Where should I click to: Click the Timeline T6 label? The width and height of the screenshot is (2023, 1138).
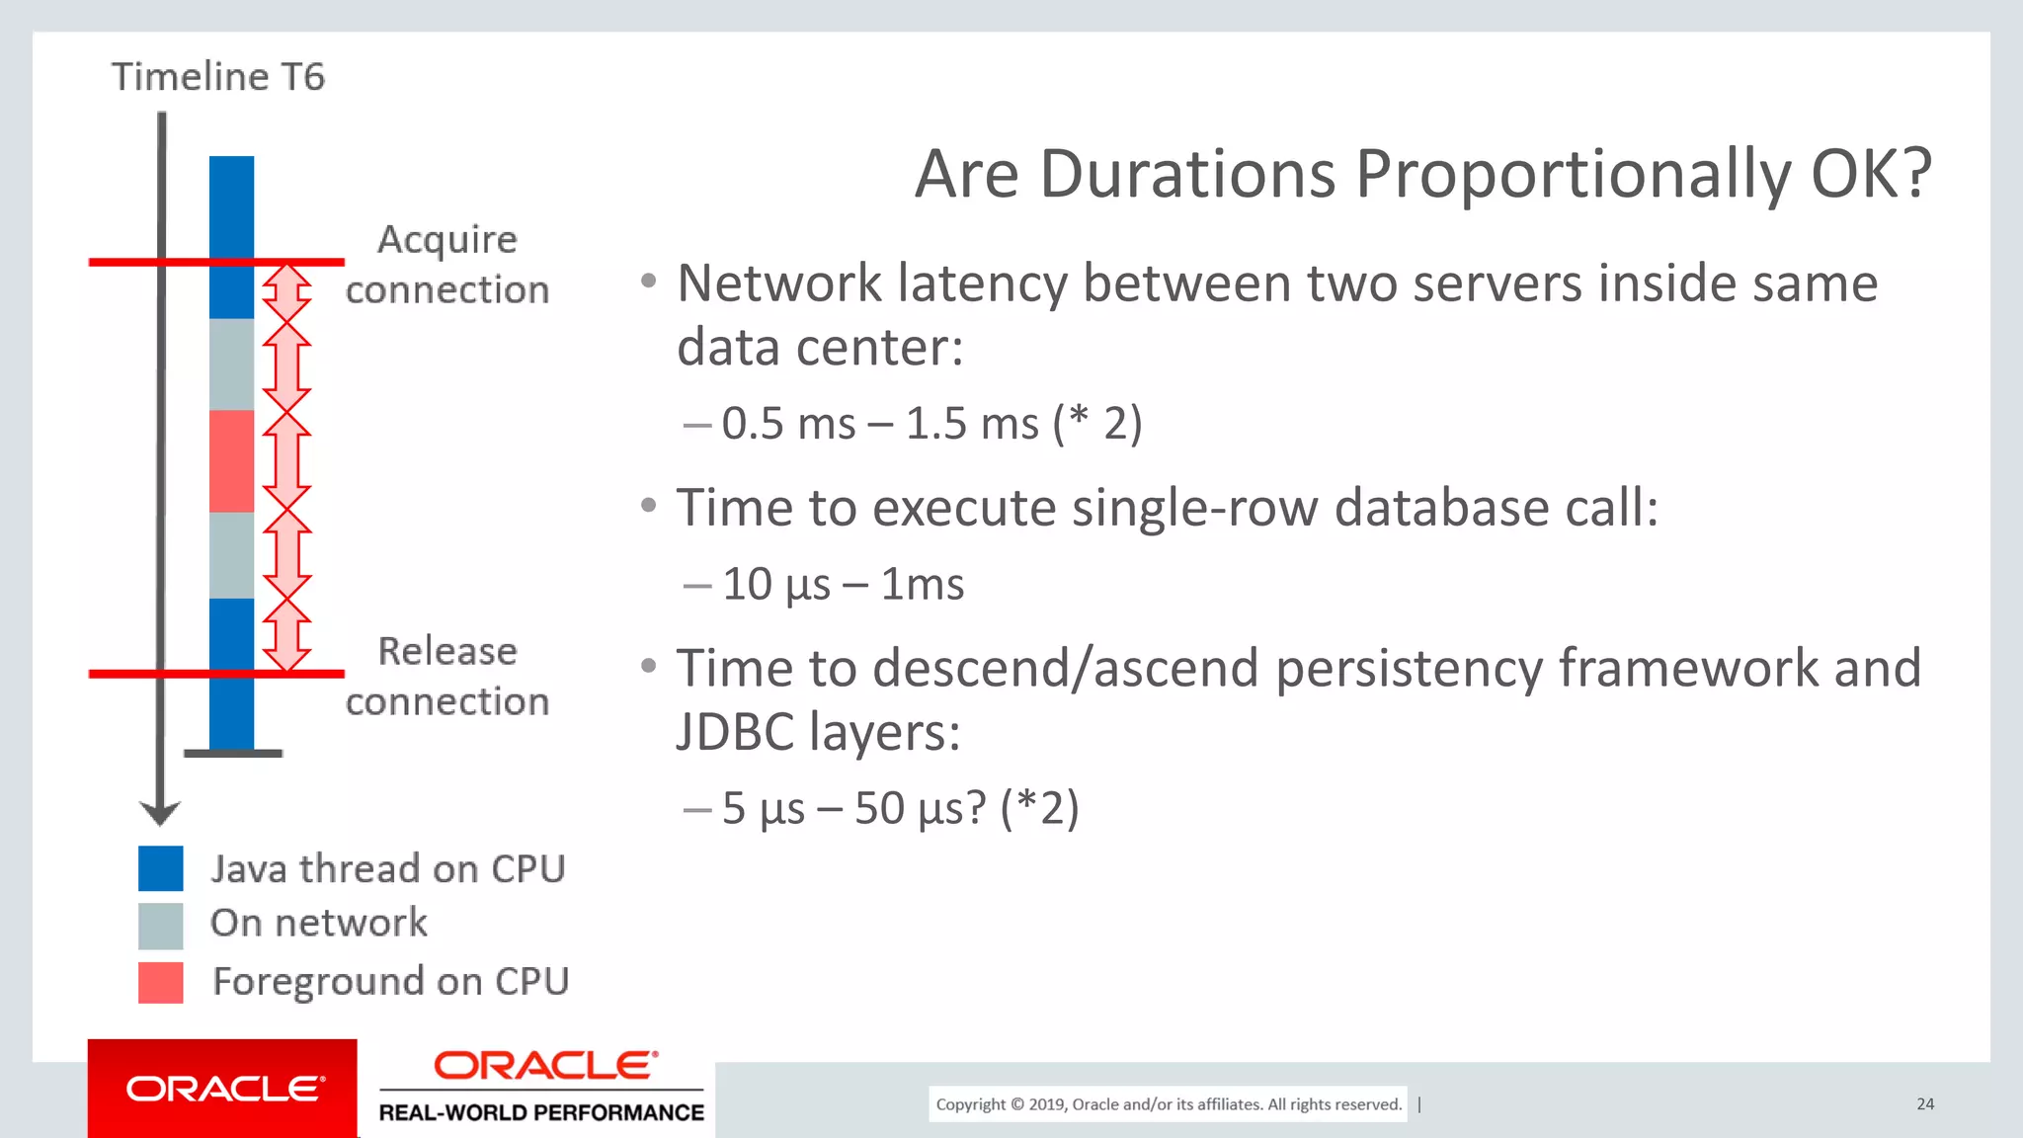point(217,77)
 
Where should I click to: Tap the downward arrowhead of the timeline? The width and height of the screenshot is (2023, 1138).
point(160,813)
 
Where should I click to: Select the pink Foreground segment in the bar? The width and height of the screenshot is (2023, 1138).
point(231,460)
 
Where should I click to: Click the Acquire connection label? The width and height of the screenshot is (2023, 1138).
point(447,265)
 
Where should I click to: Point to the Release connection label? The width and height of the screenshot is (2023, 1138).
point(447,677)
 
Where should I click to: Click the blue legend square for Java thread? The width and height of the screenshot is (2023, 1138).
point(161,868)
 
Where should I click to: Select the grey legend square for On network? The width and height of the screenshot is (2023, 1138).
point(161,926)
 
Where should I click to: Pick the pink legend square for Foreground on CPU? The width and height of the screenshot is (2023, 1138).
point(161,983)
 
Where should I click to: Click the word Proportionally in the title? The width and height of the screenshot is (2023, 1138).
point(1573,175)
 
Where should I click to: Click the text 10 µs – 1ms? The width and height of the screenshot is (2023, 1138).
point(843,585)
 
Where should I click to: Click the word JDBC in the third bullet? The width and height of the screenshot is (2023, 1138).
point(735,733)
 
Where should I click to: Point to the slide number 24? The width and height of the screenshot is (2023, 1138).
point(1925,1104)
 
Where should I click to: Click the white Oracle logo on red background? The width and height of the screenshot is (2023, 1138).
point(223,1089)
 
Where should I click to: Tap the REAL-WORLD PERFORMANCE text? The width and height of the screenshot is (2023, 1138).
point(541,1113)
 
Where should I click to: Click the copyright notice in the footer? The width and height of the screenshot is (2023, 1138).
point(1169,1104)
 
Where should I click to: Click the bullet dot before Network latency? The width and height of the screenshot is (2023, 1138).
point(648,282)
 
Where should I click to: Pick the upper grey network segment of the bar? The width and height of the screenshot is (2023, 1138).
point(231,364)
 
